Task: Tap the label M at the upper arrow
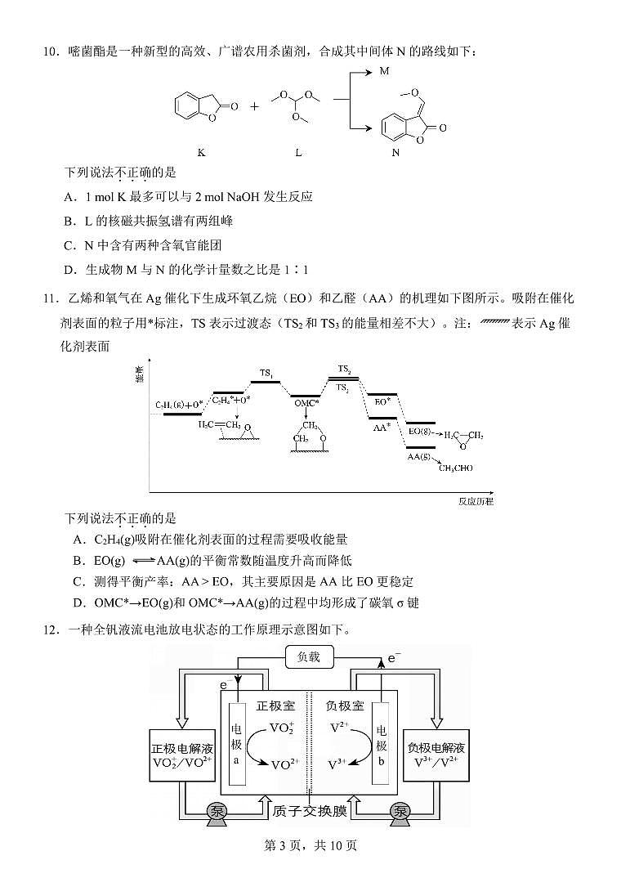click(385, 72)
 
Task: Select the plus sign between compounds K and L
click(254, 106)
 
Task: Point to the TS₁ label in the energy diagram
click(266, 374)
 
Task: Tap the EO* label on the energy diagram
click(382, 402)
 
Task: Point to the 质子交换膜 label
click(310, 811)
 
